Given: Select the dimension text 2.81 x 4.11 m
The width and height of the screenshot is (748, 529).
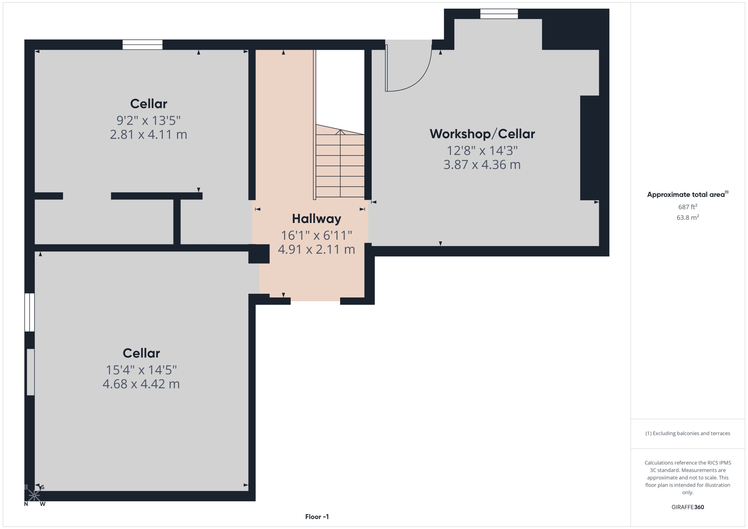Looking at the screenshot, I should click(148, 135).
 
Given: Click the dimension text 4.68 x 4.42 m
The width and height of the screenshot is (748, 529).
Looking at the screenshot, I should click(141, 384).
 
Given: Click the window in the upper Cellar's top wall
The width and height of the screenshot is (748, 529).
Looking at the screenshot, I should click(142, 45).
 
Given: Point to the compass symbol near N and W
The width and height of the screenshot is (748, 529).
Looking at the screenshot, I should click(34, 495).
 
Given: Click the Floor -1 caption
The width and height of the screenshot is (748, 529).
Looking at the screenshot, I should click(317, 517).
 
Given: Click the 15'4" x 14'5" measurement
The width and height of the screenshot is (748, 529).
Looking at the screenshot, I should click(141, 370).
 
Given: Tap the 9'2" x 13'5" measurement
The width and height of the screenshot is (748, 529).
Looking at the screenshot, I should click(148, 120).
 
